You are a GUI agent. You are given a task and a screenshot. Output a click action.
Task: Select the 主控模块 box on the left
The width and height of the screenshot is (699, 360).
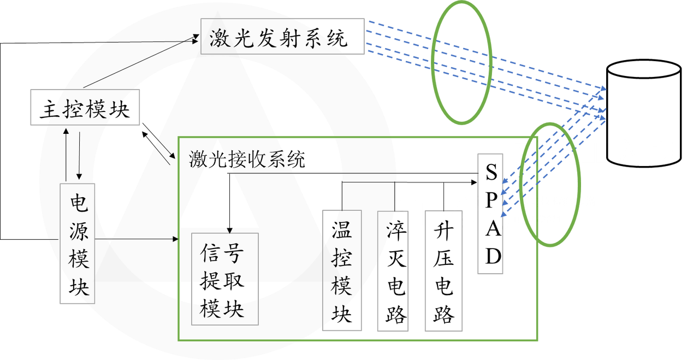click(x=85, y=108)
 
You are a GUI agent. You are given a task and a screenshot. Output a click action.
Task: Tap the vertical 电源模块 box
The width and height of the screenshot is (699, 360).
click(x=77, y=244)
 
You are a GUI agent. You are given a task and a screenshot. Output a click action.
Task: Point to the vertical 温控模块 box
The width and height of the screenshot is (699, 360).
click(x=342, y=270)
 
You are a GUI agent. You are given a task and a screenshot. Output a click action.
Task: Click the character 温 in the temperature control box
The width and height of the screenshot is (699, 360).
click(x=342, y=229)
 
